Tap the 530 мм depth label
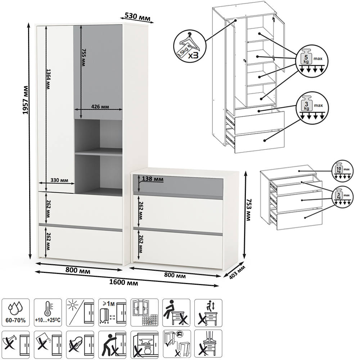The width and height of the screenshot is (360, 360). [x=137, y=16]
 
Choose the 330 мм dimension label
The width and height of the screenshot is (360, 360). [x=60, y=180]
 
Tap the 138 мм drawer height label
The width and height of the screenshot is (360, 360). [x=153, y=179]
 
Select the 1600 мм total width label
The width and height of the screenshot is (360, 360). [x=126, y=283]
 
